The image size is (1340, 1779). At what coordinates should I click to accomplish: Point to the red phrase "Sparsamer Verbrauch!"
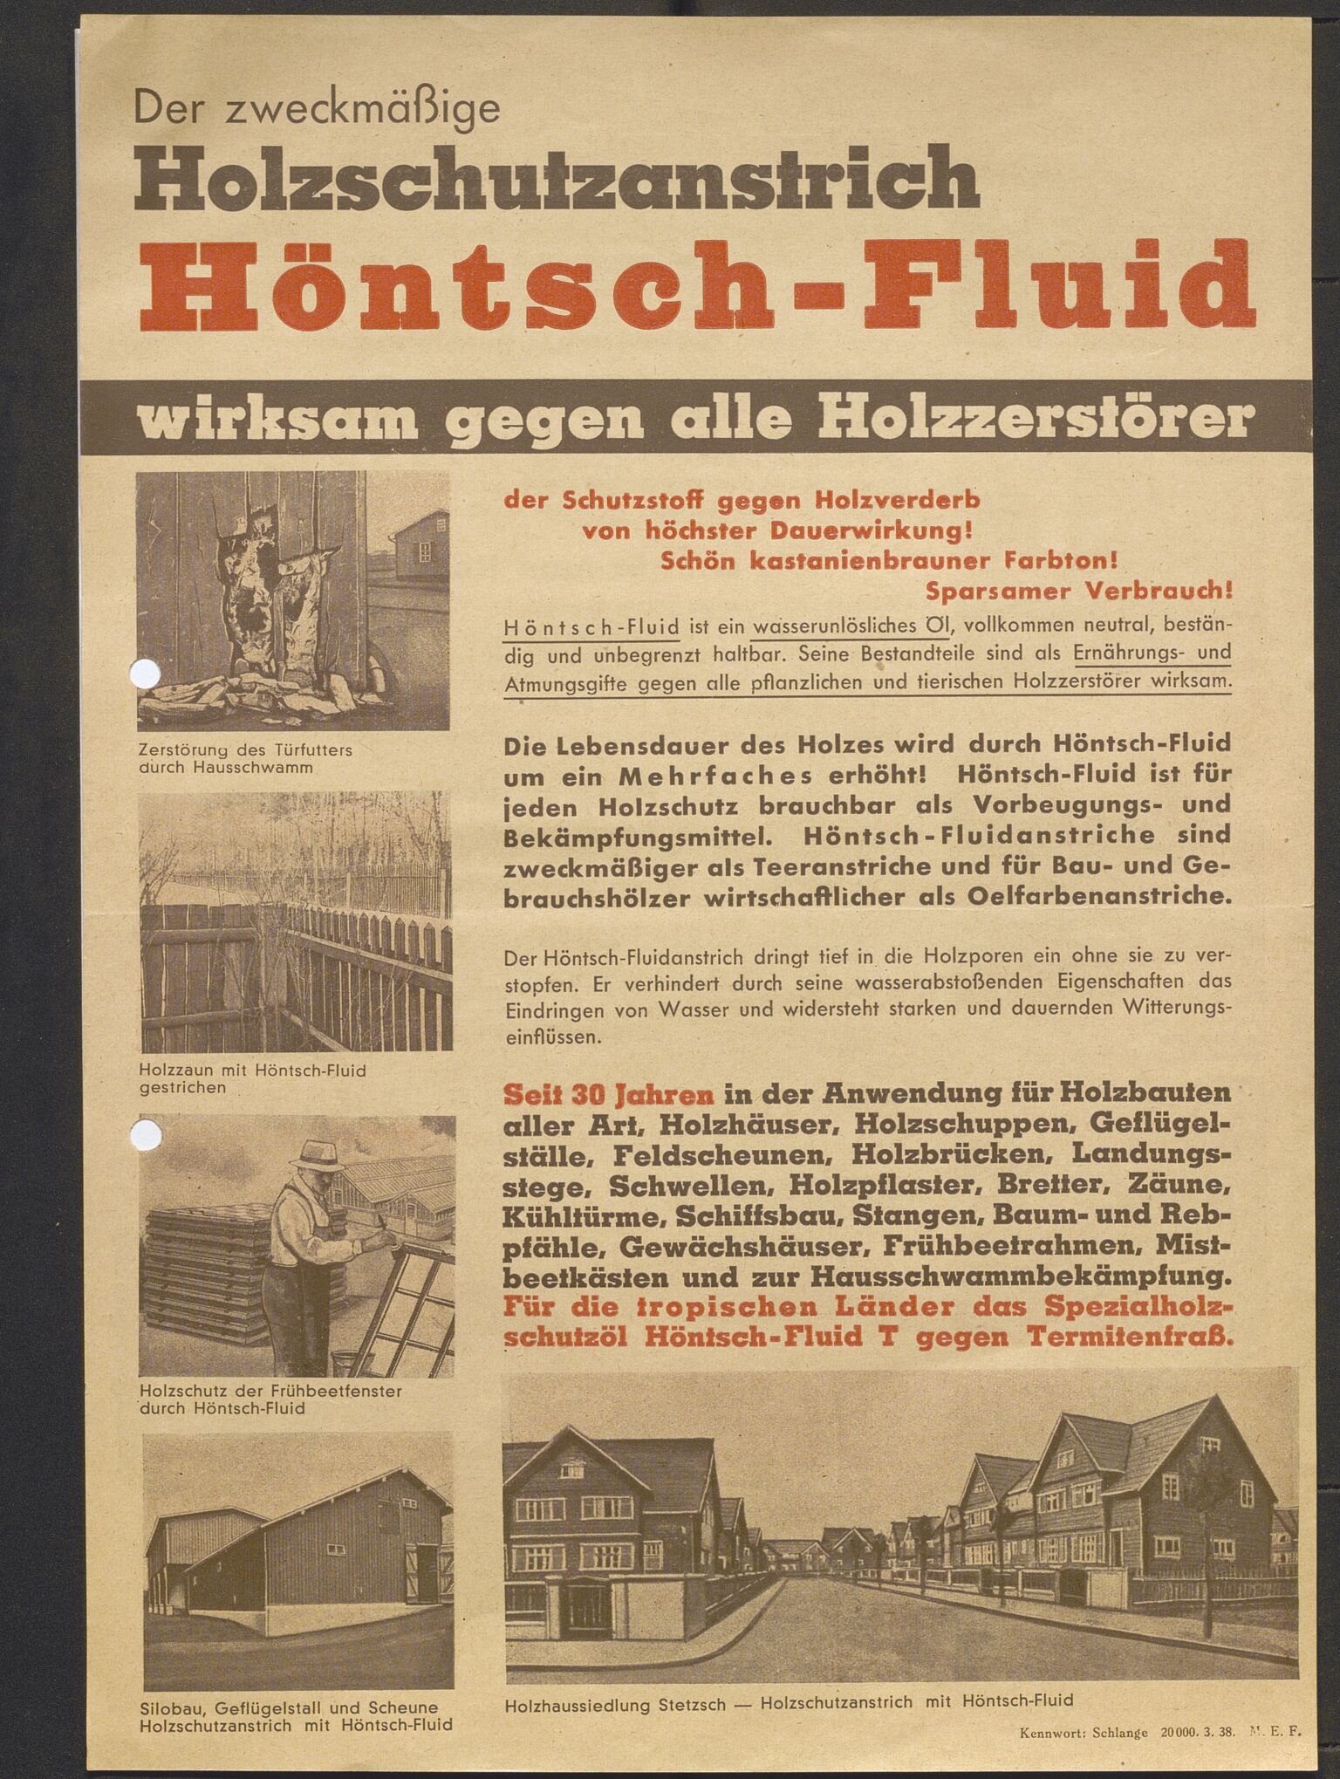[x=1079, y=591]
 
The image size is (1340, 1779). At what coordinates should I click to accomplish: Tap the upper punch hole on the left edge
[x=145, y=673]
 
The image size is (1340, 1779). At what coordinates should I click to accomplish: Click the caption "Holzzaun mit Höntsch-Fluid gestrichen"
[x=252, y=1078]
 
